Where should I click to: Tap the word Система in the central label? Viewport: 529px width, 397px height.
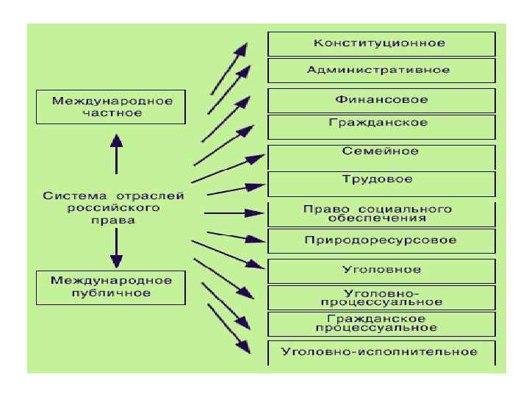pyautogui.click(x=69, y=196)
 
